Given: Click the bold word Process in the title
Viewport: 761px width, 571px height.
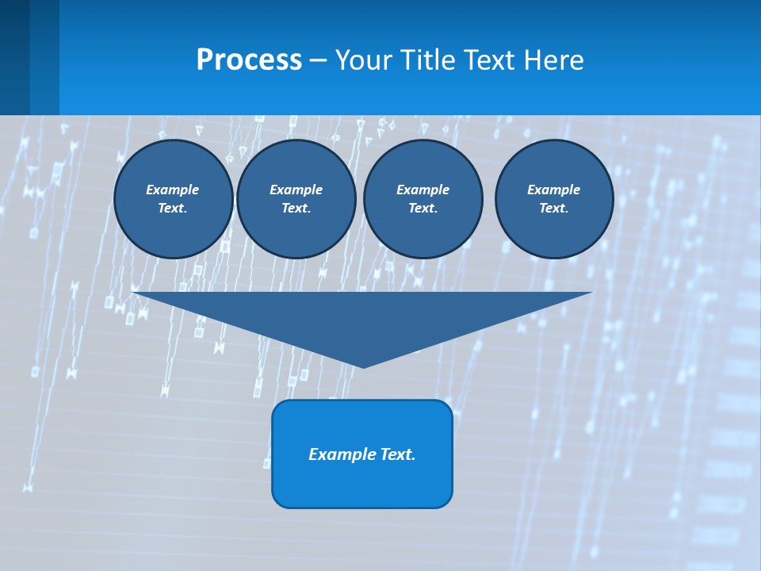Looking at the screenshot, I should coord(249,60).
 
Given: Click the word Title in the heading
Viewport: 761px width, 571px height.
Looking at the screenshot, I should coord(426,60).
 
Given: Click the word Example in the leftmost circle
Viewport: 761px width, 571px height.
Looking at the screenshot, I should coord(172,190).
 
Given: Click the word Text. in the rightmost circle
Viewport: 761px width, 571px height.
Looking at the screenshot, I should coord(553,209).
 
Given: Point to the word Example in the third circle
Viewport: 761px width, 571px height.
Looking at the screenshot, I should coord(423,190).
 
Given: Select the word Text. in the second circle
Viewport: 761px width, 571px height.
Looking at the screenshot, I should coord(296,209).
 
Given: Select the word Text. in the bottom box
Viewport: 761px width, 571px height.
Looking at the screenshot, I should coord(399,454).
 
